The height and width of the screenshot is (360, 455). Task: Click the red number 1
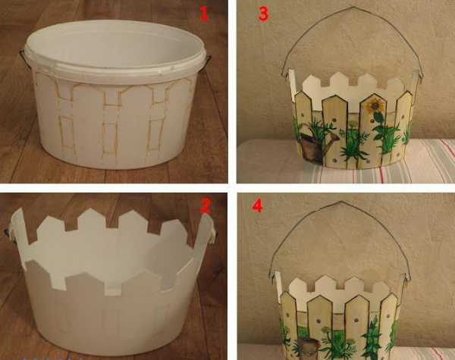204,14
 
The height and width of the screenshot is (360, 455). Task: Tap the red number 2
206,207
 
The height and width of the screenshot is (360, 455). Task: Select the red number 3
263,14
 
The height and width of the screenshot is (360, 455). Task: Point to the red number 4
257,205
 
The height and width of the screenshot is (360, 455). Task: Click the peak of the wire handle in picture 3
353,8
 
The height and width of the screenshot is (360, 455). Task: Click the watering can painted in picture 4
309,346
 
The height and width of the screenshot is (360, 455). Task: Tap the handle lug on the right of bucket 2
214,234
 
